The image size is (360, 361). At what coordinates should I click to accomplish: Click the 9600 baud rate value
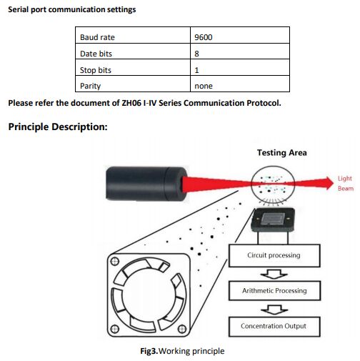(203, 37)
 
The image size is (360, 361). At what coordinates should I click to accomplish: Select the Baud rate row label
(97, 37)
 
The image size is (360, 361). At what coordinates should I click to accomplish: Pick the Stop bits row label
(96, 70)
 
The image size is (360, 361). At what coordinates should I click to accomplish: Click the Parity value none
(204, 86)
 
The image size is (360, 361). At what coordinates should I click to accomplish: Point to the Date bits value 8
(196, 54)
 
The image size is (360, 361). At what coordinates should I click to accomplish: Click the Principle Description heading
(58, 127)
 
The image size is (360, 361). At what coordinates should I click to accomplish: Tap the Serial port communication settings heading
(72, 9)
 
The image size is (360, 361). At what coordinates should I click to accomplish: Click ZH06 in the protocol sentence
(131, 103)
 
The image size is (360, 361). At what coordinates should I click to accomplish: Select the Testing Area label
(282, 152)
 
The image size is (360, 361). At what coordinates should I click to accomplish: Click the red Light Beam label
(346, 183)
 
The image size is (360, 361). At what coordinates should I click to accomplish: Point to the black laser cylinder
(146, 184)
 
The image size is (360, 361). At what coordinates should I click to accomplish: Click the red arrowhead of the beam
(329, 183)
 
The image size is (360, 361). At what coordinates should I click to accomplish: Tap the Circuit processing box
(274, 255)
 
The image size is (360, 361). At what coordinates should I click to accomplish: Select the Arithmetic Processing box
(274, 291)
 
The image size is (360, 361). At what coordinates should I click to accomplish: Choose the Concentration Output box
(274, 327)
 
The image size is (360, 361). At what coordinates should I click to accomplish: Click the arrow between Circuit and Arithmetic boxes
(274, 275)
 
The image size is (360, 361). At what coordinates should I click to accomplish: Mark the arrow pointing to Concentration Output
(274, 310)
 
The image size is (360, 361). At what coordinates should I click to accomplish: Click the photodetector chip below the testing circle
(273, 219)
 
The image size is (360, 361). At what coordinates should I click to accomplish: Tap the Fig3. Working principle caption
(182, 351)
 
